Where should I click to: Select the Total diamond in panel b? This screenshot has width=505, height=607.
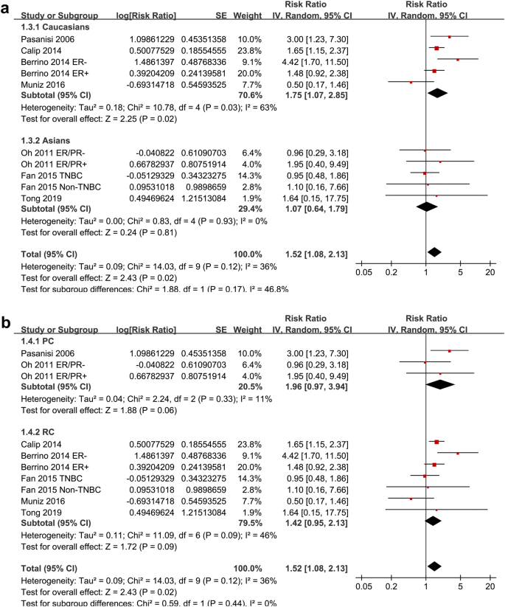pyautogui.click(x=434, y=566)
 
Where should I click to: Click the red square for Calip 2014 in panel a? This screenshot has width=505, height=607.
pyautogui.click(x=437, y=48)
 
